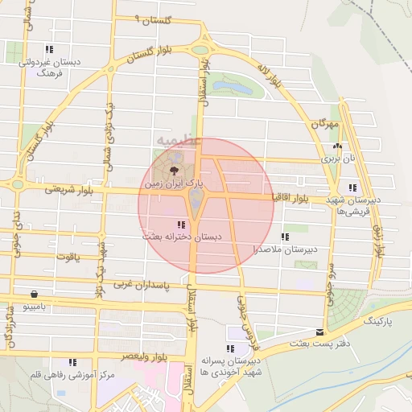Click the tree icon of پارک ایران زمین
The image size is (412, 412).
[x=174, y=170]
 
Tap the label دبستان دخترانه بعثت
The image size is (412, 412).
[x=182, y=238]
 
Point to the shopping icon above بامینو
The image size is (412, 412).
[x=33, y=294]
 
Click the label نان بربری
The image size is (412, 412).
[x=339, y=159]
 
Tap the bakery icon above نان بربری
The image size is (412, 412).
[x=337, y=146]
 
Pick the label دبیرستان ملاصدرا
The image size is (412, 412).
[x=284, y=249]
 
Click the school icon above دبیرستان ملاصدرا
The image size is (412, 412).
[x=284, y=237]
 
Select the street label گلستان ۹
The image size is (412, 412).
[x=146, y=19]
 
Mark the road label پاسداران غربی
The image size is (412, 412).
[x=142, y=284]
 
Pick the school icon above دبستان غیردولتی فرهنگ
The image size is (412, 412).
[x=49, y=49]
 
